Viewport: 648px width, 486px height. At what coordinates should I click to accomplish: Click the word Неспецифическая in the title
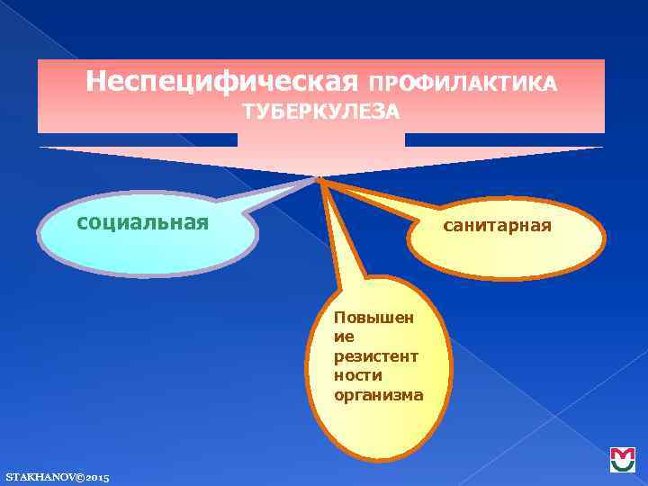[222, 83]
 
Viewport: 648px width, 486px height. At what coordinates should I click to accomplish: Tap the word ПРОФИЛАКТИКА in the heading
[463, 84]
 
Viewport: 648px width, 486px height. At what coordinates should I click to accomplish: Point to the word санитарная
[497, 225]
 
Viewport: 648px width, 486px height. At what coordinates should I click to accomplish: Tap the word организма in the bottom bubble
[378, 394]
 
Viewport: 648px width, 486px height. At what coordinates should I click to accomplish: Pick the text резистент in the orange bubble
[375, 356]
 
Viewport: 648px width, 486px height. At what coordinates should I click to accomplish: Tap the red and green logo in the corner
[622, 460]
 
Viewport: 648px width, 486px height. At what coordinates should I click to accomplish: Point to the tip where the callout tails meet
[319, 178]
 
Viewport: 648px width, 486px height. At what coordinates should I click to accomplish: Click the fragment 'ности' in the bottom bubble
[357, 375]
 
